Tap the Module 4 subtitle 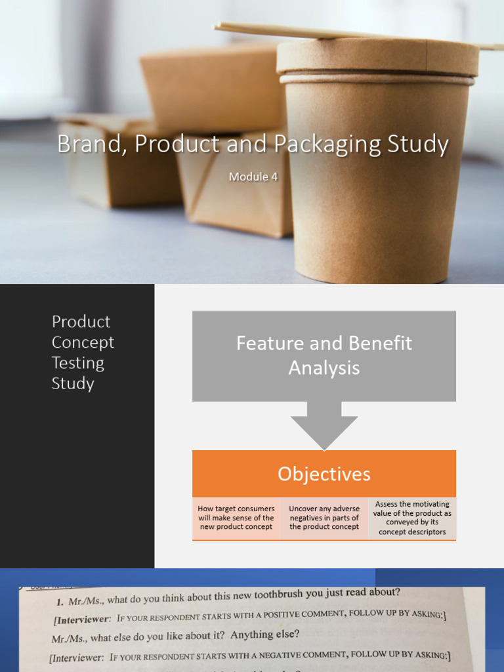pos(253,177)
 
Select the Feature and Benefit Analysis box pos(324,355)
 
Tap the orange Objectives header pos(324,474)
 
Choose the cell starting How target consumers pos(236,518)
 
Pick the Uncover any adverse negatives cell pos(324,518)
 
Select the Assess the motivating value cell pos(412,518)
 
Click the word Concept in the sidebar pos(83,343)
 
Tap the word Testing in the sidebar pos(77,363)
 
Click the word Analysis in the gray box pos(324,368)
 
